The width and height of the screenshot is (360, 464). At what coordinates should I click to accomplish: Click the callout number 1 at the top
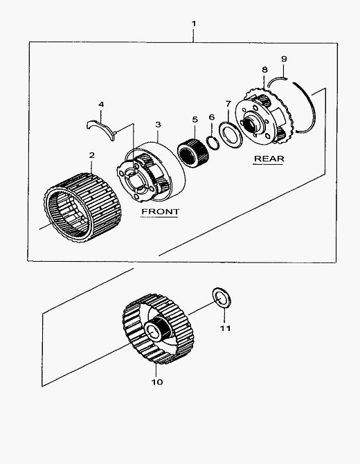tap(194, 24)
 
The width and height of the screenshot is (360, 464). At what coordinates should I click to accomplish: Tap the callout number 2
tap(91, 155)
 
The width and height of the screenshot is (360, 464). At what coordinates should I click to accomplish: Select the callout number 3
tap(159, 125)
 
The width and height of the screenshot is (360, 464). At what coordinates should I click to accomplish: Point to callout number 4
tap(101, 105)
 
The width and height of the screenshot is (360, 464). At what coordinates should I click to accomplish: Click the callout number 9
tap(284, 59)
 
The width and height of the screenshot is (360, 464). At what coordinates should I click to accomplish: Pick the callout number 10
tap(157, 382)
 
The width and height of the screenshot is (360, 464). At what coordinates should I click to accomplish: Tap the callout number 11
tap(225, 328)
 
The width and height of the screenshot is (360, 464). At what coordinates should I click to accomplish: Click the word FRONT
tap(161, 212)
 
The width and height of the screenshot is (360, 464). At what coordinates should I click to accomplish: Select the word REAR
tap(269, 159)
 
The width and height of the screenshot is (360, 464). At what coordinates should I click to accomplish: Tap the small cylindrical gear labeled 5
tap(193, 153)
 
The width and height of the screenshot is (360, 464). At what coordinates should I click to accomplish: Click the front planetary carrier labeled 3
tap(152, 172)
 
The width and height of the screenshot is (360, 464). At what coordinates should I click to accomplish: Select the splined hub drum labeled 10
tap(158, 329)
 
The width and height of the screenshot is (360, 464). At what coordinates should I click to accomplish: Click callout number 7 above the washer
tap(228, 104)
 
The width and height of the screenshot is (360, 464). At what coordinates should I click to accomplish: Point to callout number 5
tap(195, 120)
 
